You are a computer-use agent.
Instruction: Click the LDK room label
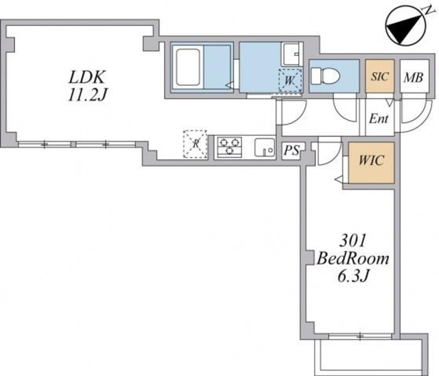87,77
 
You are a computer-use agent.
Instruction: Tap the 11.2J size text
87,95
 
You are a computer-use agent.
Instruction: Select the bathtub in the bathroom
187,67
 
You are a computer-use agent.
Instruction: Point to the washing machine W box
290,80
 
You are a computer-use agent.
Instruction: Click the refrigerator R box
195,145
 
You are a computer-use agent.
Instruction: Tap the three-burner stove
230,147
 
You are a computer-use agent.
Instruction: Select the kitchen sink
265,148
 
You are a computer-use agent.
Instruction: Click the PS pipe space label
291,150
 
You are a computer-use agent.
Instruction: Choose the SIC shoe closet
380,76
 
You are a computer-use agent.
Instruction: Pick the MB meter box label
413,78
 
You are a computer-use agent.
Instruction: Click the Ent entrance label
379,119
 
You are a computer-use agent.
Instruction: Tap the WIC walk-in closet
371,163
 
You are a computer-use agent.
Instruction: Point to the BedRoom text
353,259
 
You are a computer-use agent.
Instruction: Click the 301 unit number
353,241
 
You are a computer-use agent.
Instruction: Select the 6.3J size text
353,277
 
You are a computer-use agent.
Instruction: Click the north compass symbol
405,29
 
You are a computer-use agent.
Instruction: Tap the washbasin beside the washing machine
291,54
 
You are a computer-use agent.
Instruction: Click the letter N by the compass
428,10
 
